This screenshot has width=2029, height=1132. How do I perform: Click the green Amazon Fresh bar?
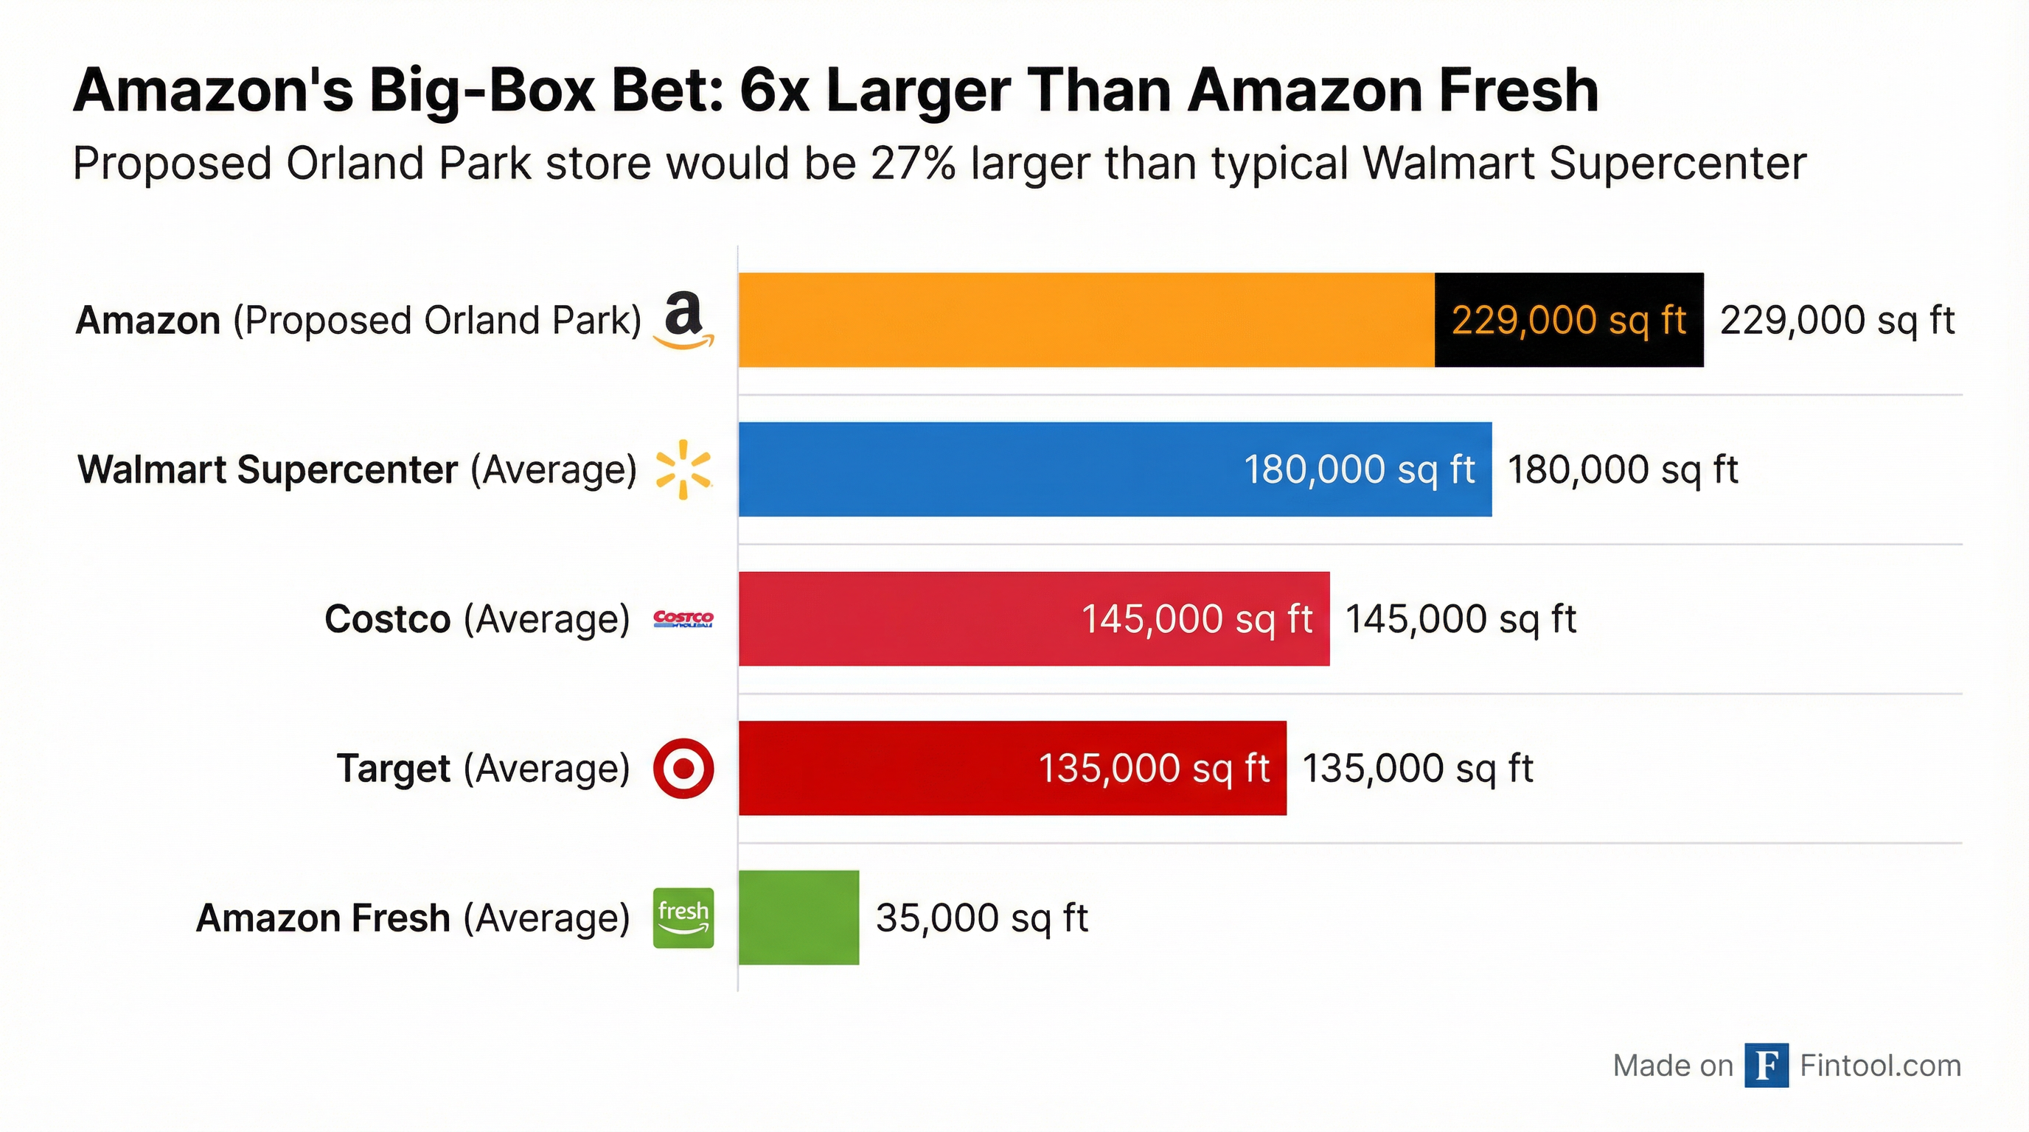[x=798, y=917]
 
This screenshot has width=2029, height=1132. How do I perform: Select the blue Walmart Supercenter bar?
[x=984, y=469]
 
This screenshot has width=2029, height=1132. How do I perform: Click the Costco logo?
[x=683, y=620]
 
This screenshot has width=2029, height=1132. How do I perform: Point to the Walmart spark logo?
[x=683, y=470]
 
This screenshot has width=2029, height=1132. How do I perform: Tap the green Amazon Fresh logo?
[x=683, y=917]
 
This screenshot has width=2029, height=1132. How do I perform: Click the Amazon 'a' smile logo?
[x=683, y=321]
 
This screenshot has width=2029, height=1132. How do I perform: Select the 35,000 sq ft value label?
[x=981, y=918]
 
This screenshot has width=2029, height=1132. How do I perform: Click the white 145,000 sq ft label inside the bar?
[x=1197, y=619]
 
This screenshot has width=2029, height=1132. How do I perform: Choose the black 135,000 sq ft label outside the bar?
[x=1417, y=769]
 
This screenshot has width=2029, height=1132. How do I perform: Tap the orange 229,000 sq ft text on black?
[x=1568, y=321]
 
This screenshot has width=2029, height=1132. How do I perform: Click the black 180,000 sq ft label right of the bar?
[x=1622, y=470]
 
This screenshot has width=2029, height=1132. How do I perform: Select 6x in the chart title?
[x=773, y=91]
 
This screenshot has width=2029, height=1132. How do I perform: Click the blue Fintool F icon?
[x=1766, y=1065]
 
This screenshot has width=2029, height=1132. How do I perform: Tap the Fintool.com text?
[x=1880, y=1066]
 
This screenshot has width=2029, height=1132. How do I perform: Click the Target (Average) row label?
[x=483, y=769]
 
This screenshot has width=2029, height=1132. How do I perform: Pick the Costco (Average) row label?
[x=476, y=619]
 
